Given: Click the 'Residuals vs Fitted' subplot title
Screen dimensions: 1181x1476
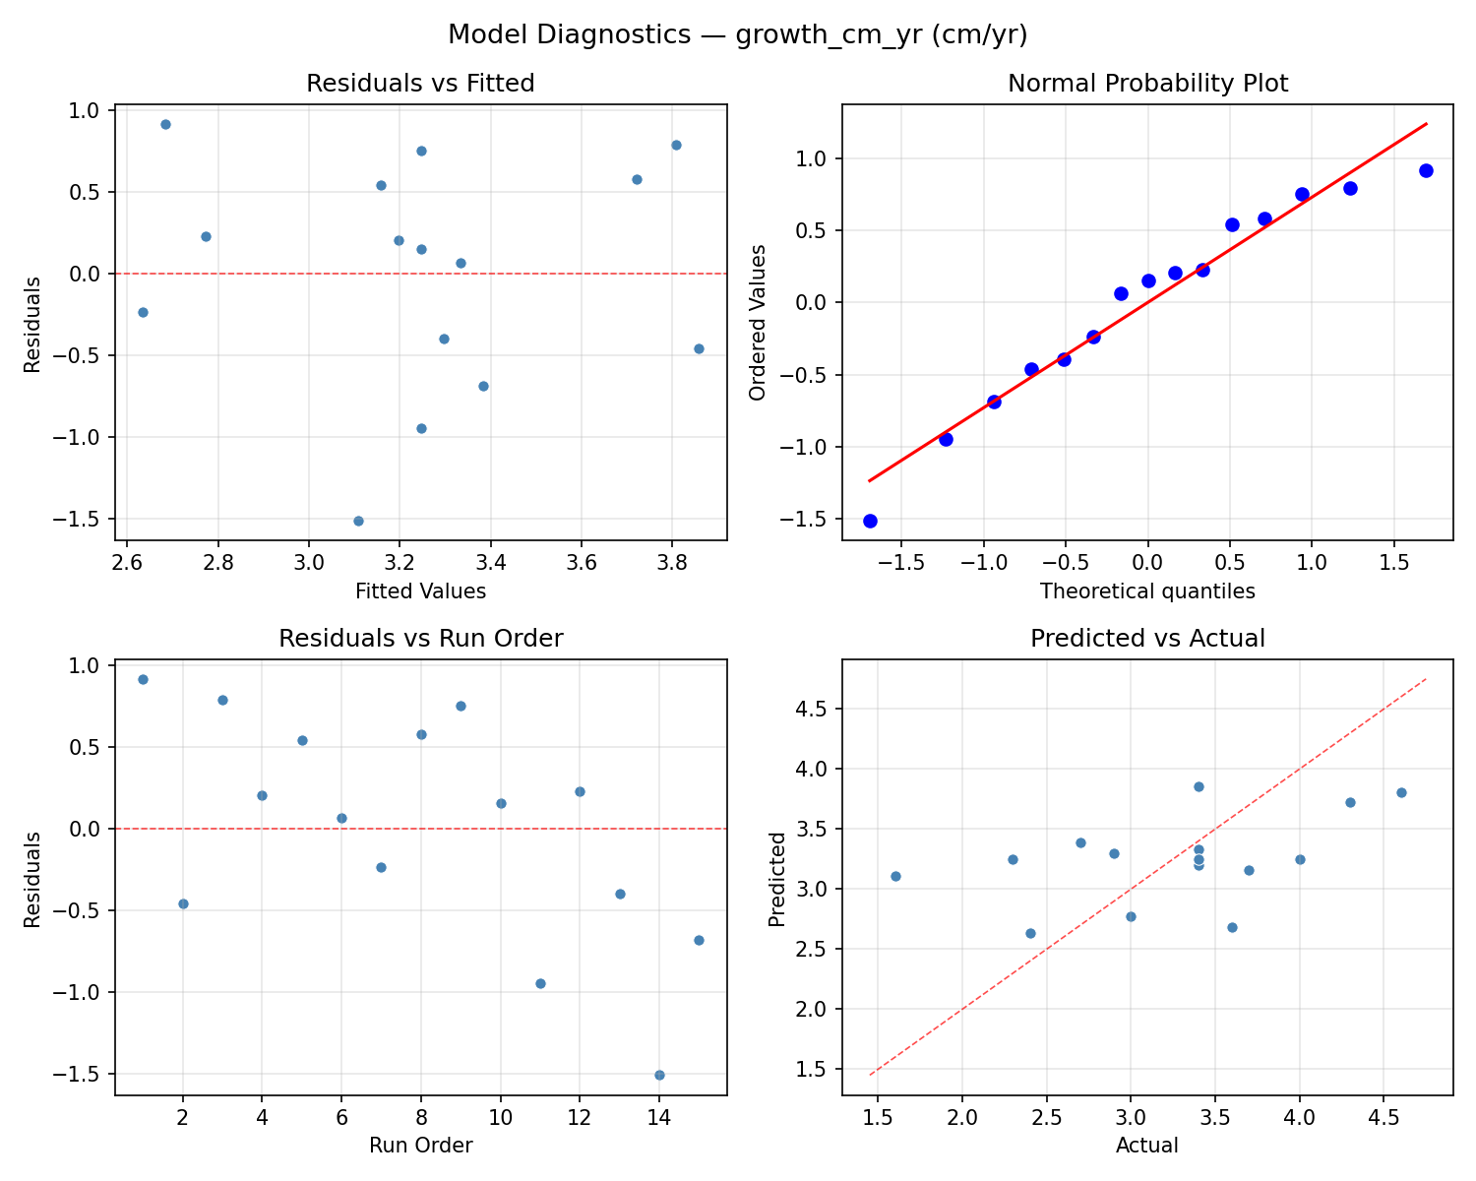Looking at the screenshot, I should coord(420,84).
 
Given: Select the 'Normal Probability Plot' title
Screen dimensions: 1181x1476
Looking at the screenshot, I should coord(1147,84).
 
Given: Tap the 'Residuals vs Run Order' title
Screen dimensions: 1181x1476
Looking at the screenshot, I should coord(420,639).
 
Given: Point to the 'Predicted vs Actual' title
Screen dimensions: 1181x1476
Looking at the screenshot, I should coord(1147,639).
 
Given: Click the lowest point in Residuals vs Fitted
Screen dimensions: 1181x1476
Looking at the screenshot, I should coord(358,521).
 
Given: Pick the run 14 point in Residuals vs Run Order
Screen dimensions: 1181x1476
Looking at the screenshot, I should coord(659,1075).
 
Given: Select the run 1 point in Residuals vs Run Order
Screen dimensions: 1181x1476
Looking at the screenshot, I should coord(143,679).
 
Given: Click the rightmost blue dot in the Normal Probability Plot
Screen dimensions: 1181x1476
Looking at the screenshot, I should coord(1426,170).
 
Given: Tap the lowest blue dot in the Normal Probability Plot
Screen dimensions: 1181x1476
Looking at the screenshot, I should coord(870,521).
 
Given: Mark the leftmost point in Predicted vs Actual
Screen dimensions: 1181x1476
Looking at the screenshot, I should coord(895,876).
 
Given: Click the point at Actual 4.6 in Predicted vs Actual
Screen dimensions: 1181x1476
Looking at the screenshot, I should coord(1401,792).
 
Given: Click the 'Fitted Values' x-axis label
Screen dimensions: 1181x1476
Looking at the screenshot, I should coord(420,591).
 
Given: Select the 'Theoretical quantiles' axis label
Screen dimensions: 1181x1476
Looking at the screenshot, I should coord(1147,591).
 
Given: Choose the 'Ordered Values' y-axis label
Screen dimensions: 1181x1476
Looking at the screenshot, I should coord(757,322).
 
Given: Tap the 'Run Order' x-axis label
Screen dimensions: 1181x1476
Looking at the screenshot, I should coord(420,1146).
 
